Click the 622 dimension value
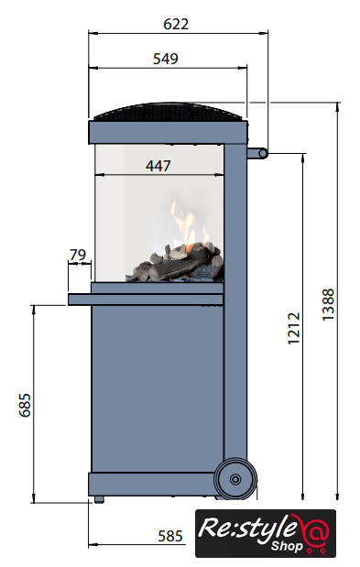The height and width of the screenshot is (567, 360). coord(176,24)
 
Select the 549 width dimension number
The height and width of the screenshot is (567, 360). coord(166,59)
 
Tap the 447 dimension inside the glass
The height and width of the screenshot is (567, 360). coord(158,166)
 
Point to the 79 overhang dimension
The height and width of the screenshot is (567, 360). coord(78,255)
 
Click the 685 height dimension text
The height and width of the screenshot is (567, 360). coord(25,405)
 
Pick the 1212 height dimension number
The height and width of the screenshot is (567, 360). coord(294,328)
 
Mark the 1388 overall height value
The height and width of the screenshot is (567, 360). coord(328,304)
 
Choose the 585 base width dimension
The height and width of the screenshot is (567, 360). coord(170,536)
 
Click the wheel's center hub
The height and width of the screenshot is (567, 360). coord(235,479)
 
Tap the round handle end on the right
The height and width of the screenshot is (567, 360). coord(263,154)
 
